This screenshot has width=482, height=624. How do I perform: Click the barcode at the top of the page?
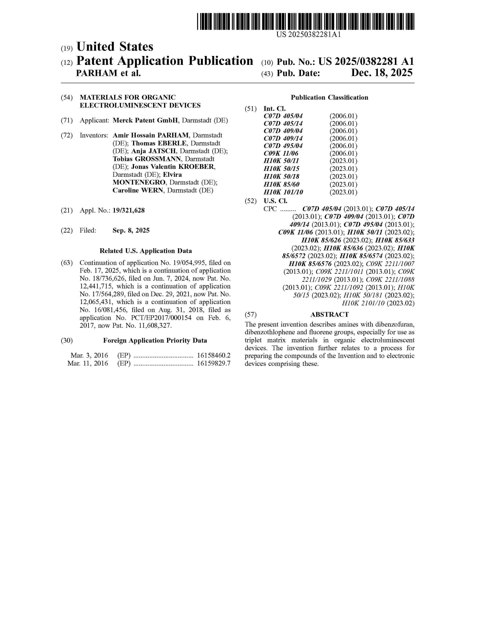tap(305, 21)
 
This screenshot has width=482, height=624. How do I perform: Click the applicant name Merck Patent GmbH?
tap(145, 120)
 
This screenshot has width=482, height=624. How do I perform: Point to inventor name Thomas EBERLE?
tap(159, 143)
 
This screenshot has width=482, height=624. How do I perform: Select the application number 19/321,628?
tap(129, 211)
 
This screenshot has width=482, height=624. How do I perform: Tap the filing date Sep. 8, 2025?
tap(131, 230)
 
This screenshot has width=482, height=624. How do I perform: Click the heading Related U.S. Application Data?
tap(146, 251)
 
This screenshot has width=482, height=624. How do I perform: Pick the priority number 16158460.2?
tap(214, 355)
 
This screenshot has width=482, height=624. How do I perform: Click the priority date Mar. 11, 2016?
tap(88, 363)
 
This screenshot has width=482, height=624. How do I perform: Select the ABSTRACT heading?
tap(329, 315)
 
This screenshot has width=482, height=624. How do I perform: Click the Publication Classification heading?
tap(329, 97)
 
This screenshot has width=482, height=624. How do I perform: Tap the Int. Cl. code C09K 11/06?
tap(281, 153)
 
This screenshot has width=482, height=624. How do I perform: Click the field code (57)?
tap(250, 315)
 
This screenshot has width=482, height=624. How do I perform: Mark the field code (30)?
tap(67, 341)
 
